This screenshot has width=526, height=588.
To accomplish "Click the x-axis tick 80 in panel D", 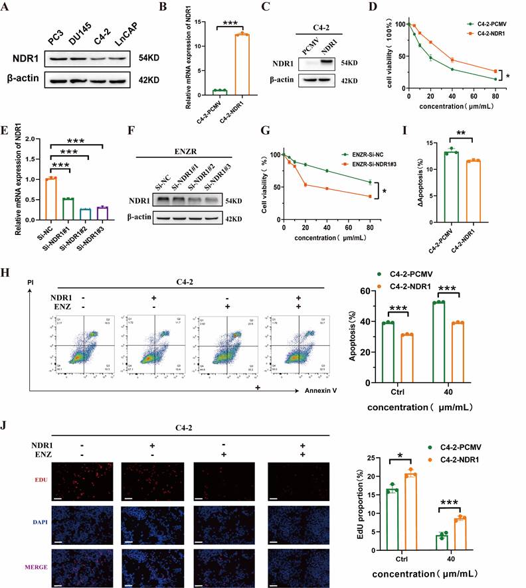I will pyautogui.click(x=495, y=96).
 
